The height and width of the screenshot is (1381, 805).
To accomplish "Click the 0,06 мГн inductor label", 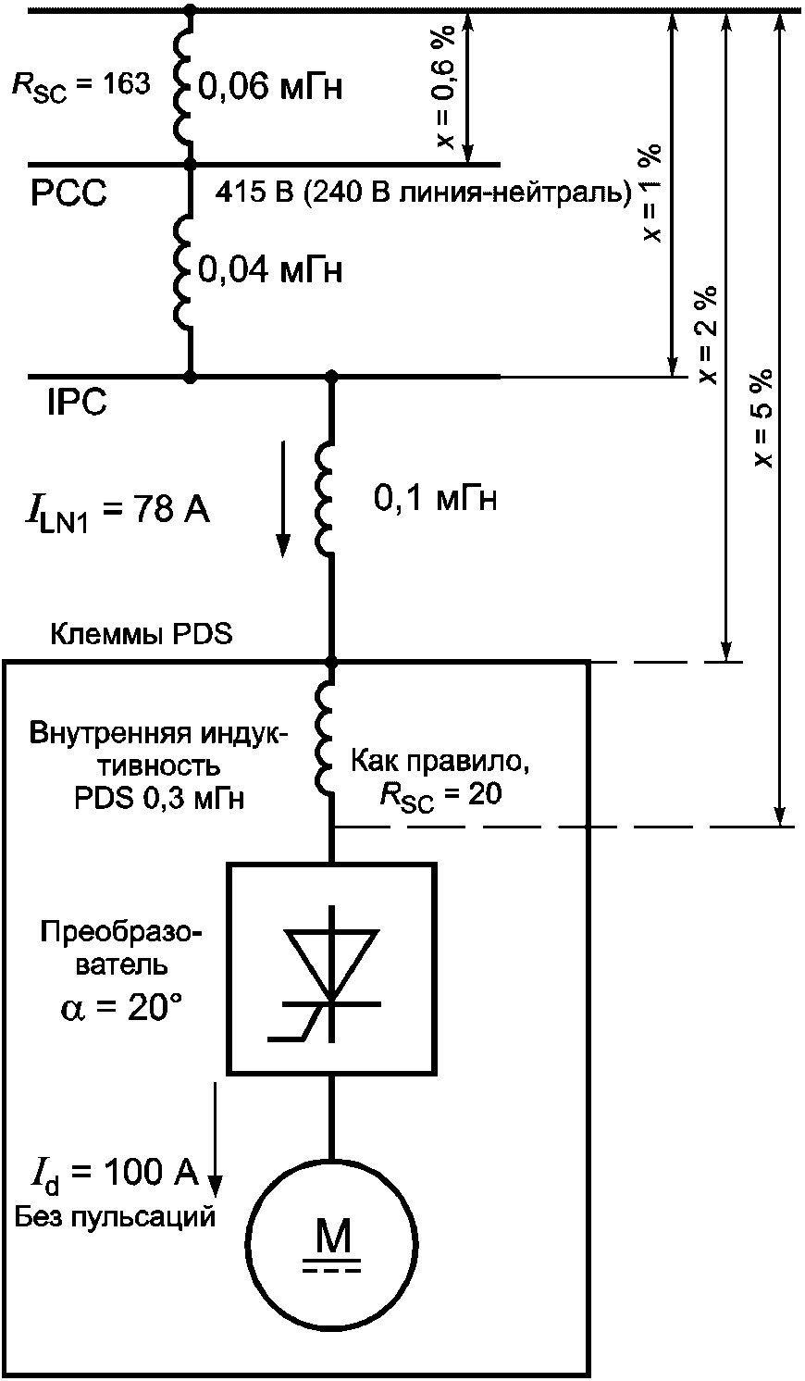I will [270, 88].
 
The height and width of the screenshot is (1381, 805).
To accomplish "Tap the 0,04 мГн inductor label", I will [270, 270].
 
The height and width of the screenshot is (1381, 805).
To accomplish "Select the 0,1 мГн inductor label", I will [435, 500].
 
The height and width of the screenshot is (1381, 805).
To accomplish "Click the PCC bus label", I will [68, 193].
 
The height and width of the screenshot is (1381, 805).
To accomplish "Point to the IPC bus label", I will [77, 404].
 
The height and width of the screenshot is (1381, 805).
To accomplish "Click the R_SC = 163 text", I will [80, 85].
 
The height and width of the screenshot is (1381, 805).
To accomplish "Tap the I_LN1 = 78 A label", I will [116, 511].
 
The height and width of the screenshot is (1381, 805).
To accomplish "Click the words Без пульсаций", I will [116, 1216].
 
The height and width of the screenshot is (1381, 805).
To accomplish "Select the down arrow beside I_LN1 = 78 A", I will [284, 500].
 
